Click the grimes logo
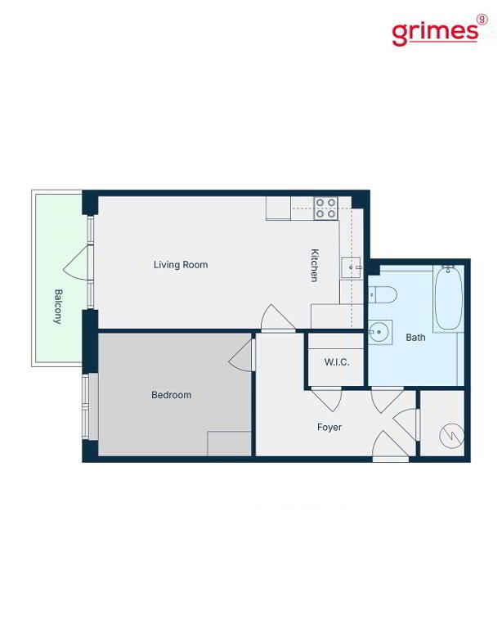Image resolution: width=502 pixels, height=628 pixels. coord(439,30)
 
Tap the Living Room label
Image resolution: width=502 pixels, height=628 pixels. coord(181,265)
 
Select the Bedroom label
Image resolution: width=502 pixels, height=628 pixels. coord(171,395)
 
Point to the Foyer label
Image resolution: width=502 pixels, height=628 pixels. coord(329,428)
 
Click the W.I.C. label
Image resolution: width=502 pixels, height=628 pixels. coord(337,362)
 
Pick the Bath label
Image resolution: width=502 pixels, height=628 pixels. coord(415,338)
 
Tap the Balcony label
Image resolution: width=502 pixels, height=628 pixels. coord(58,307)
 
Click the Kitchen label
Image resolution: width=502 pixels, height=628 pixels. coord(315,266)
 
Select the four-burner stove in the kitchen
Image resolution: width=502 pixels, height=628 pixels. coord(325,209)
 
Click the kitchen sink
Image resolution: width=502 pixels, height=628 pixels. coord(352,267)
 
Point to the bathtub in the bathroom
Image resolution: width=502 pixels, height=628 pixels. coord(449,297)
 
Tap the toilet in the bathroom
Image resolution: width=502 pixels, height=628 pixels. coord(383,295)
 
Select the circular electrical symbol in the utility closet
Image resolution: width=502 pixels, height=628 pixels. coord(452,435)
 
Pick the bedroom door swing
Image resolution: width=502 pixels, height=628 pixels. coord(241,355)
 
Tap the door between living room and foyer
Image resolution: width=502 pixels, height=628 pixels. coord(277,318)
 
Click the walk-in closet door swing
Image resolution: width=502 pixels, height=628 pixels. coord(327,399)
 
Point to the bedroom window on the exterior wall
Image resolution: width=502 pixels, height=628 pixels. coord(85,407)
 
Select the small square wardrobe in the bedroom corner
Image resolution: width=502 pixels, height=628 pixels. coord(229,444)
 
